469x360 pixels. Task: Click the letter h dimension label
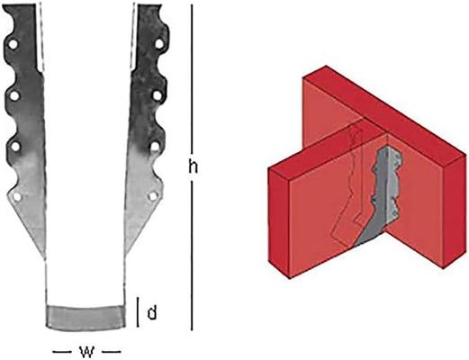pos(194,166)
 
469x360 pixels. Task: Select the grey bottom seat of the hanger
pos(86,316)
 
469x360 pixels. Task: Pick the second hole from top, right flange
pos(158,93)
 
